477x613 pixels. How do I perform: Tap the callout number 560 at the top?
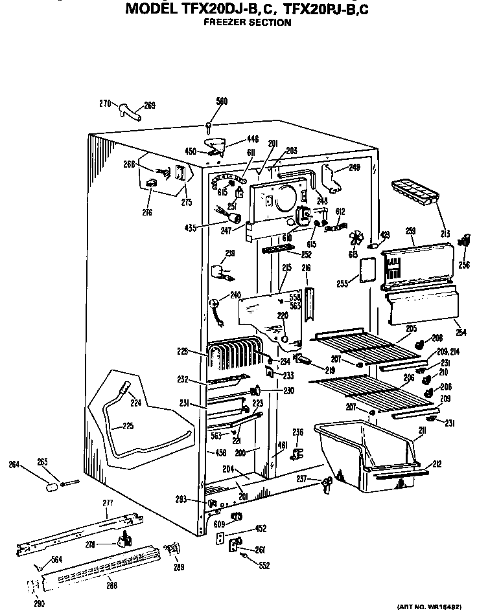coord(222,101)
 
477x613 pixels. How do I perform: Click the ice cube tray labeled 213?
coord(415,192)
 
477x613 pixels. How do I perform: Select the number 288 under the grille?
coord(112,587)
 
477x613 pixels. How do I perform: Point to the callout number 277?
coord(107,503)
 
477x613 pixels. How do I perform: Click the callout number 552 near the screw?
coord(264,565)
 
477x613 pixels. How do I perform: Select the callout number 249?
coord(354,168)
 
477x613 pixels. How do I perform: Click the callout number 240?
coord(234,295)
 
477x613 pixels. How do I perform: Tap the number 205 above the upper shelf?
coord(411,328)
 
